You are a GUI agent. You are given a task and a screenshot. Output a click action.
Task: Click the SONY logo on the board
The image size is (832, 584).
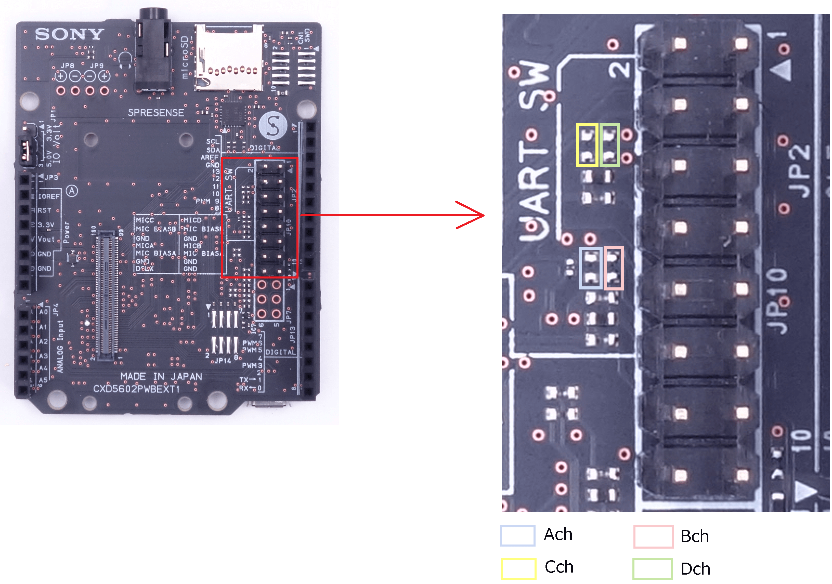[70, 34]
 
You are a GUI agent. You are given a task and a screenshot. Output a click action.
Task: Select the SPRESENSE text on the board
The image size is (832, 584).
[156, 113]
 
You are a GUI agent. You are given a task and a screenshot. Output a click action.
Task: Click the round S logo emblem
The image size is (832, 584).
[273, 126]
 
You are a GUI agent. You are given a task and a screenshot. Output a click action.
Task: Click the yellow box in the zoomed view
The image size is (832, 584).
[587, 145]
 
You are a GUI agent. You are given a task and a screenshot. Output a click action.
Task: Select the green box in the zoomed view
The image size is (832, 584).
[609, 145]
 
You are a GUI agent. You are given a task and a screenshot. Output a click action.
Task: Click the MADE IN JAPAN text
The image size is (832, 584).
[161, 377]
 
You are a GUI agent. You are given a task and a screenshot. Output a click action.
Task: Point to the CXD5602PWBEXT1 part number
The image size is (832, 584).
[136, 389]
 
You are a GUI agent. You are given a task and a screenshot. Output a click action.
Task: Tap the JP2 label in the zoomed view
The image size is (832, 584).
[799, 170]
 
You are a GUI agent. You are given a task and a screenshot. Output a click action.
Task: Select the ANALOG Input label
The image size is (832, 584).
[60, 346]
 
